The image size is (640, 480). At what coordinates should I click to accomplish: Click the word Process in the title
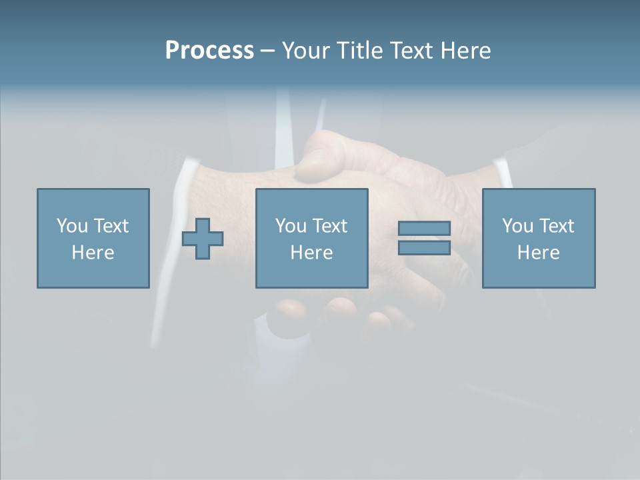pyautogui.click(x=209, y=51)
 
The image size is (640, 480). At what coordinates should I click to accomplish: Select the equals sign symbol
pyautogui.click(x=424, y=238)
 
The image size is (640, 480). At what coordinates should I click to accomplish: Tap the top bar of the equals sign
pyautogui.click(x=424, y=229)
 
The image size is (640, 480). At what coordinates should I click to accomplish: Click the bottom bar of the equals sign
pyautogui.click(x=424, y=247)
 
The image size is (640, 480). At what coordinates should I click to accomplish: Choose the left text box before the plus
pyautogui.click(x=93, y=238)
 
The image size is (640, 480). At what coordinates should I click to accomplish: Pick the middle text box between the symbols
pyautogui.click(x=311, y=238)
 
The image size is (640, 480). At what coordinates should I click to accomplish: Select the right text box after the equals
pyautogui.click(x=539, y=238)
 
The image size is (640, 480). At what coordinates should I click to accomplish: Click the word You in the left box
pyautogui.click(x=72, y=226)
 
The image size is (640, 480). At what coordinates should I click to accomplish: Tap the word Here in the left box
pyautogui.click(x=93, y=253)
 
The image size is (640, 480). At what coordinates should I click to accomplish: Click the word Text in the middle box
pyautogui.click(x=330, y=226)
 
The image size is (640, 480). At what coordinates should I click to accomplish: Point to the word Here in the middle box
pyautogui.click(x=311, y=253)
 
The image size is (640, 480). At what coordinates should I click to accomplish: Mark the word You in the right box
pyautogui.click(x=517, y=226)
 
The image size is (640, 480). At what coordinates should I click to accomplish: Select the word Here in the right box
pyautogui.click(x=539, y=253)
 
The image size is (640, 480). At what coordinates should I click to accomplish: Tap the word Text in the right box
pyautogui.click(x=557, y=226)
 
